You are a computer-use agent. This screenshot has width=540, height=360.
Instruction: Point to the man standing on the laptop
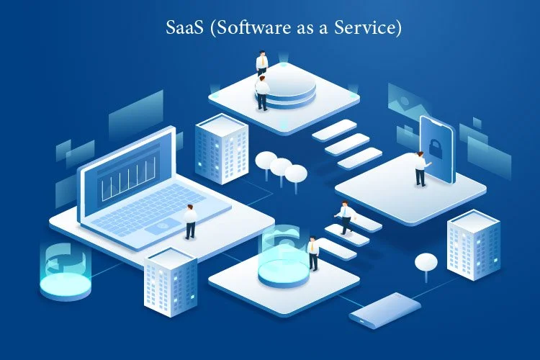(x=190, y=222)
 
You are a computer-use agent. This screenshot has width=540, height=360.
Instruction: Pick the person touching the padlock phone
(x=420, y=168)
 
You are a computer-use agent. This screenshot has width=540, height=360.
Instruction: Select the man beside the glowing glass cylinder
(x=313, y=253)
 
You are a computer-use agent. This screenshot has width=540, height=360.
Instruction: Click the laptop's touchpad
(x=163, y=226)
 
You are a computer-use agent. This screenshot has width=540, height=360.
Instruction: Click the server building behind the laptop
(x=222, y=149)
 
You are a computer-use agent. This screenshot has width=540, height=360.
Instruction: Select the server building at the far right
(x=474, y=245)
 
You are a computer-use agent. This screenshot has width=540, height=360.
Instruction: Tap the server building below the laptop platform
(x=171, y=282)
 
